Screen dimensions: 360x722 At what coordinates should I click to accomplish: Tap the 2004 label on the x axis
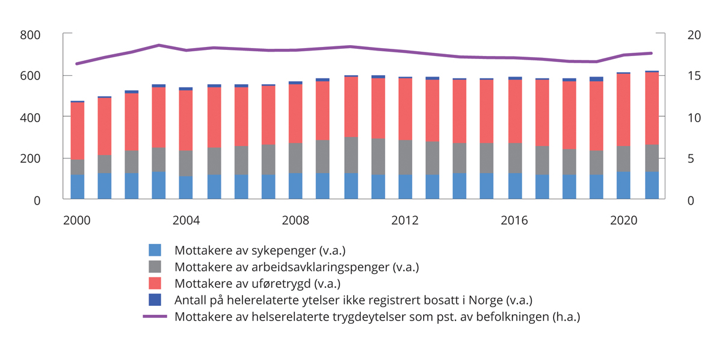coord(186,221)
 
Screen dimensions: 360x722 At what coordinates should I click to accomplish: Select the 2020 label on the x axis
coord(624,221)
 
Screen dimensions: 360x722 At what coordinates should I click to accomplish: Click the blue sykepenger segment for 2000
coord(77,187)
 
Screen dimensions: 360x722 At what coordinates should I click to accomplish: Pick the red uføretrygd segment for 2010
coord(351,107)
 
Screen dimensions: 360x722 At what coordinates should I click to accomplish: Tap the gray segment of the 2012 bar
coord(405,157)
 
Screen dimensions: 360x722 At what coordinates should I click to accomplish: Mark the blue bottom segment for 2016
coord(514,186)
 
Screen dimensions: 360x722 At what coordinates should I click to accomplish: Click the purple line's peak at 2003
coord(159,45)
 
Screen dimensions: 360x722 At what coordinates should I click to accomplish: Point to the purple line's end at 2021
coord(652,53)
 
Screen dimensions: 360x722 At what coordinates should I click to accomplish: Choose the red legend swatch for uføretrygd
coord(155,283)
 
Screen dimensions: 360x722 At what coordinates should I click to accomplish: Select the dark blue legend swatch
coord(155,300)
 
